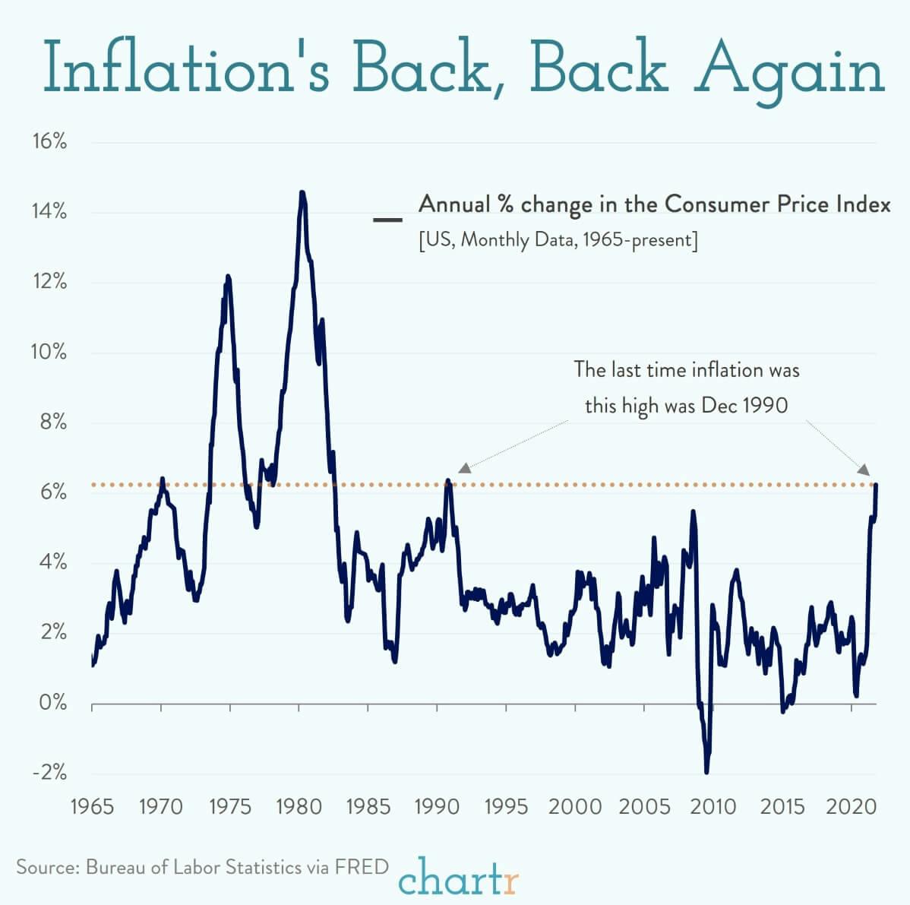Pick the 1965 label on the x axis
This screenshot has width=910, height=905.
[x=92, y=806]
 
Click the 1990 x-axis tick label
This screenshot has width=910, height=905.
[x=437, y=806]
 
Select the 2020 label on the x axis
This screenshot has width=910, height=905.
[x=851, y=806]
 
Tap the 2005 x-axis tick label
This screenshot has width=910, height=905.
[x=644, y=806]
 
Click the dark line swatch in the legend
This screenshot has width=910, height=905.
[x=387, y=220]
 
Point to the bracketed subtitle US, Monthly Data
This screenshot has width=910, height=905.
[x=558, y=240]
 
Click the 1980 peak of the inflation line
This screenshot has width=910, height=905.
[x=302, y=193]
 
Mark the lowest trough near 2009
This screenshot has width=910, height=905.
[x=706, y=772]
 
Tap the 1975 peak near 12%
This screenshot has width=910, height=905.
[x=227, y=277]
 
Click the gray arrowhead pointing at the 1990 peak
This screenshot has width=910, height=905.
[x=464, y=468]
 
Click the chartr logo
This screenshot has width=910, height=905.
[x=459, y=878]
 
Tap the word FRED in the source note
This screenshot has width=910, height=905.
[x=362, y=867]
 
